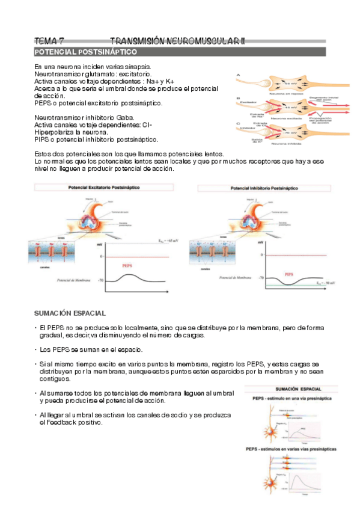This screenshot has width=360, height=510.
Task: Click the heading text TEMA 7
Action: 49,41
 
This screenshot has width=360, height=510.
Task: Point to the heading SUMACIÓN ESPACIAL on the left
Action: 70,313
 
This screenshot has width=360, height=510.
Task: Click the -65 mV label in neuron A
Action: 291,83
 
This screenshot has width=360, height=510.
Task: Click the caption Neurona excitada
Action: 286,118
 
